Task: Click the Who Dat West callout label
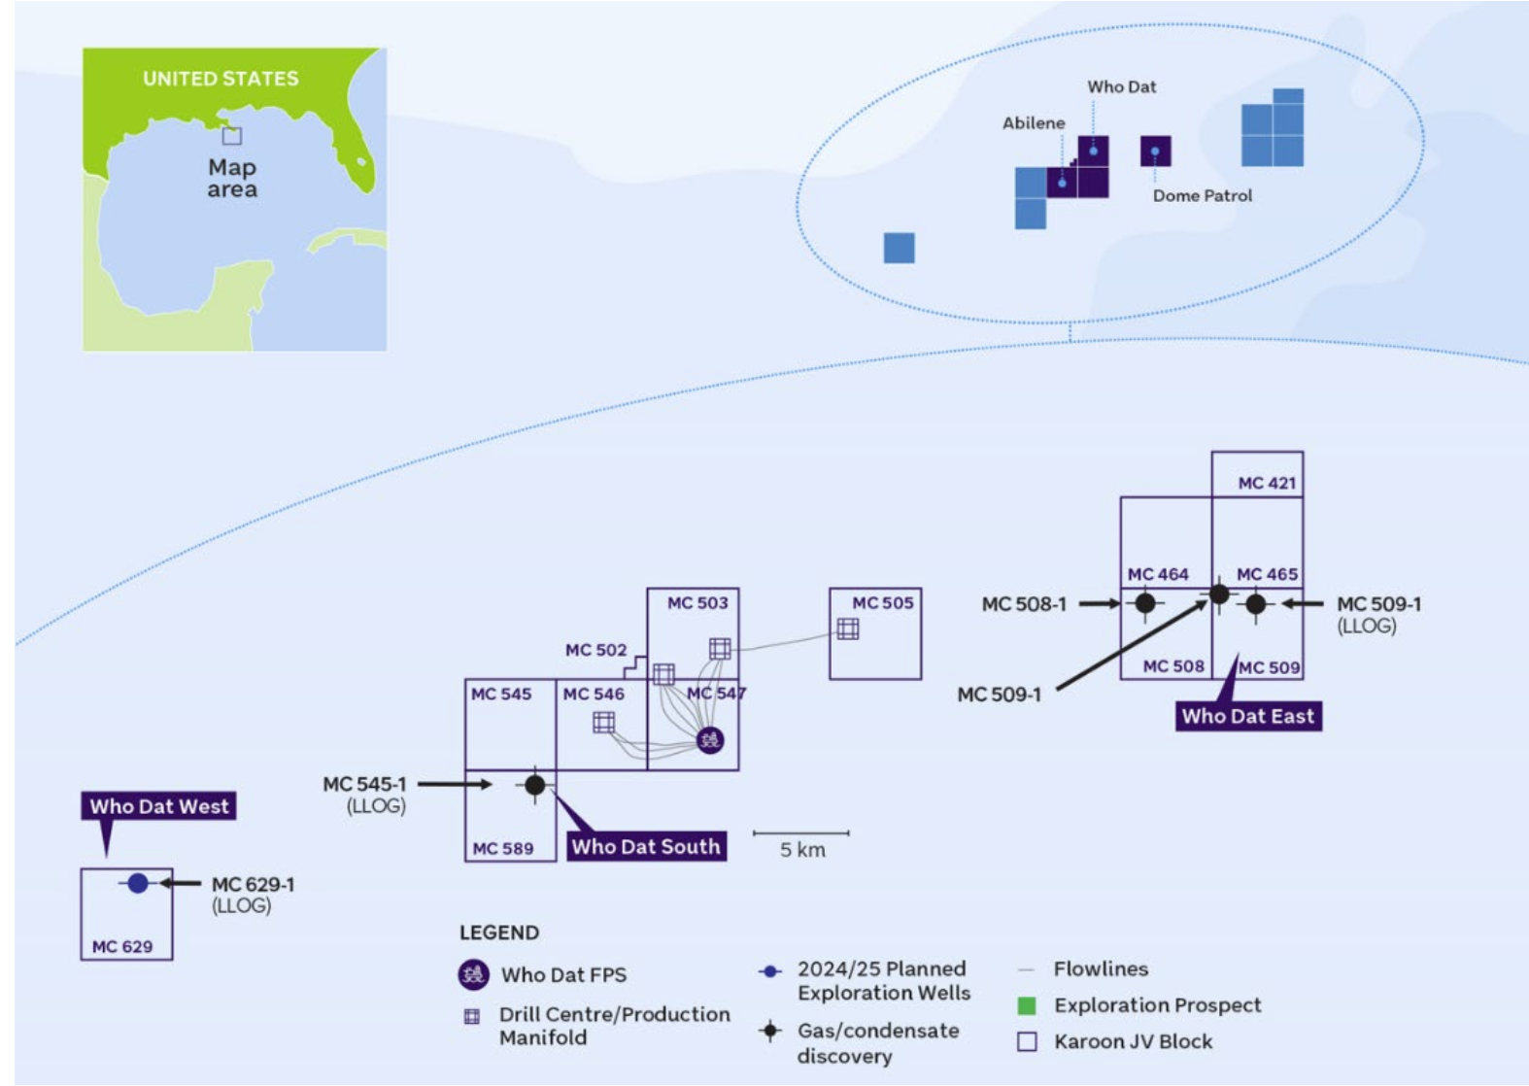click(158, 806)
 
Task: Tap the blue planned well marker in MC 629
click(138, 883)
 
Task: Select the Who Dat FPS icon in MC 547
click(710, 741)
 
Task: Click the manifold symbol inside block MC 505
click(848, 629)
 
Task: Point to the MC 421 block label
click(1267, 483)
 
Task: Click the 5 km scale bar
click(800, 833)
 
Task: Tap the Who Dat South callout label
click(646, 846)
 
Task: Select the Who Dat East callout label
click(1247, 716)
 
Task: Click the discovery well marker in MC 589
click(535, 785)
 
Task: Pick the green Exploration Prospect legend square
click(1027, 1005)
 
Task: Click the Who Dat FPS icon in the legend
click(473, 974)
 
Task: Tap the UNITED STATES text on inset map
click(221, 79)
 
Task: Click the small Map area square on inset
click(231, 136)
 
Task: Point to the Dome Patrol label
click(1202, 196)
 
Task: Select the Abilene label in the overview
click(1034, 123)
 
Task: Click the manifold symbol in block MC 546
click(603, 722)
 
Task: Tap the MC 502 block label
click(595, 650)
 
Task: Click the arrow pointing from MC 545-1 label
click(455, 784)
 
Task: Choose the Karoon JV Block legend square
click(1027, 1041)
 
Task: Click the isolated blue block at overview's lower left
click(899, 248)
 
